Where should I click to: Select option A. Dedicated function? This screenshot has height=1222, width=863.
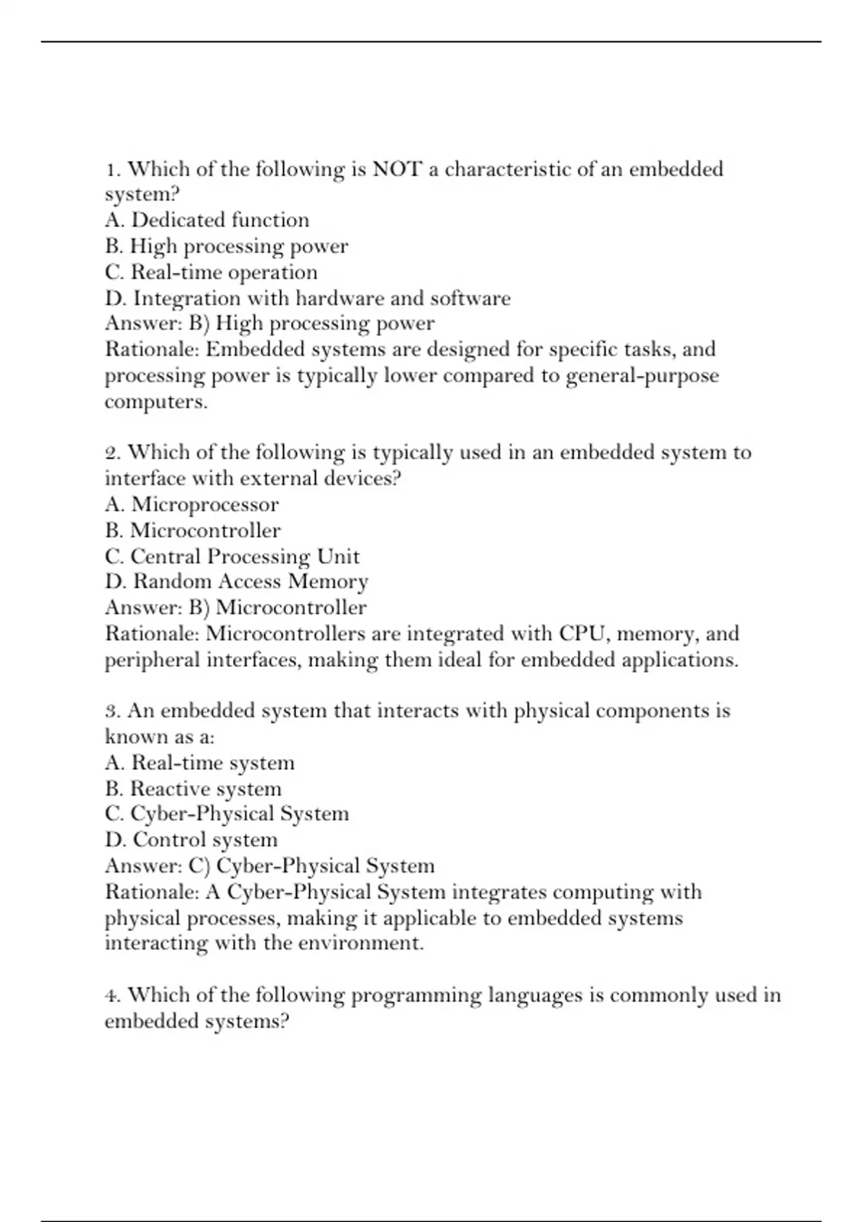tap(207, 220)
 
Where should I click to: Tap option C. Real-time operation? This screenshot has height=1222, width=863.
tap(211, 272)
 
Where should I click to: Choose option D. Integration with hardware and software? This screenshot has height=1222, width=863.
tap(308, 298)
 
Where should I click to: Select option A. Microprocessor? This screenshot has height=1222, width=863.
tap(191, 505)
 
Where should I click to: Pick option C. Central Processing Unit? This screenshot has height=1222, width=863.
tap(232, 556)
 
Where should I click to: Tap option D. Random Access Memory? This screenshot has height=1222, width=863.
tap(237, 582)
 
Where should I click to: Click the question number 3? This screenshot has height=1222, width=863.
tap(112, 712)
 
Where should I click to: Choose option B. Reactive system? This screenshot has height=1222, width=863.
tap(193, 789)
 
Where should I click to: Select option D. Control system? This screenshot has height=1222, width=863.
tap(191, 840)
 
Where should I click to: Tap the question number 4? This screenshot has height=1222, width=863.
tap(112, 996)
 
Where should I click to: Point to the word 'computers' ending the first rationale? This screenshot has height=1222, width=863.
tap(155, 402)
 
